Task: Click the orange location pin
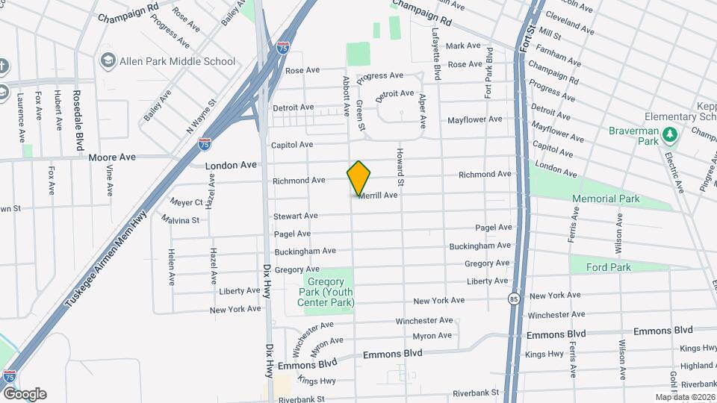point(358,178)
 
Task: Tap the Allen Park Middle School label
point(177,61)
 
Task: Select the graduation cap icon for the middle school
point(108,60)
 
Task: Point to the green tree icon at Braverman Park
point(671,134)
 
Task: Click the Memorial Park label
point(606,199)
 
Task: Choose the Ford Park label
point(608,267)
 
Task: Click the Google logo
point(25,393)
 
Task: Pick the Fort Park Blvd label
point(488,72)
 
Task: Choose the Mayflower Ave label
point(474,119)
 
